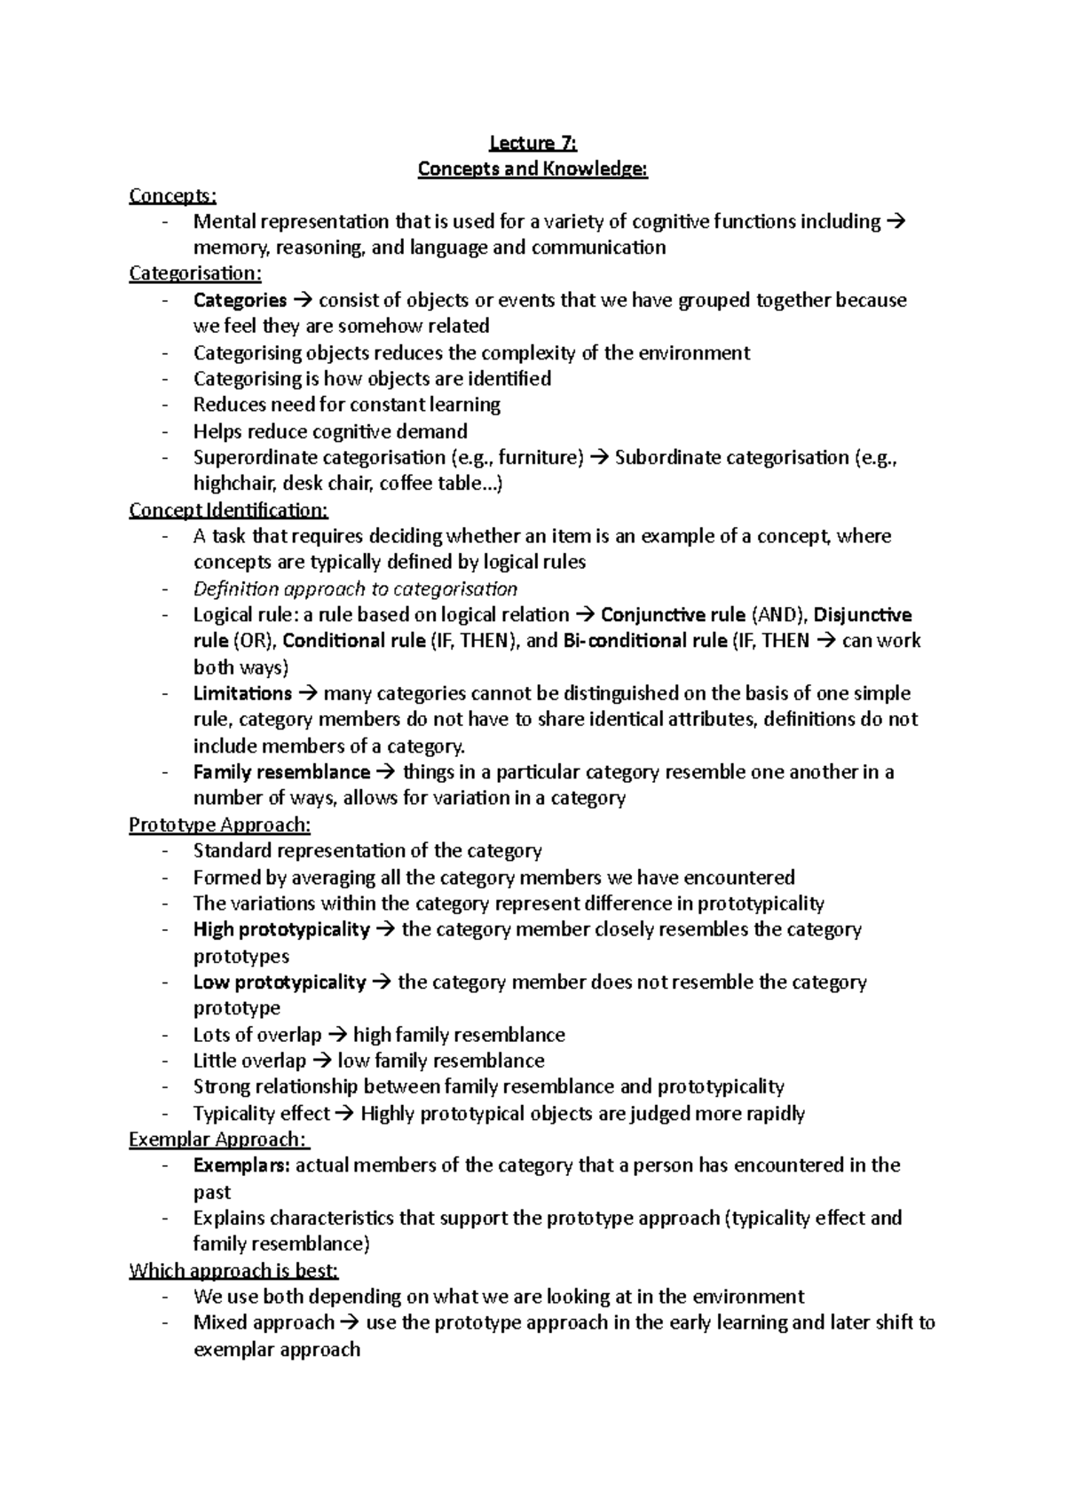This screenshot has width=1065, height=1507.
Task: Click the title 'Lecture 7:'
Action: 532,142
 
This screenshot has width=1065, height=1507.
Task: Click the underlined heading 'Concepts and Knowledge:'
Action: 532,169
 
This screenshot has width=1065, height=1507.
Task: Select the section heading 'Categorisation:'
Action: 194,273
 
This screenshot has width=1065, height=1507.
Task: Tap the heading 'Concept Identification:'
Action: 228,510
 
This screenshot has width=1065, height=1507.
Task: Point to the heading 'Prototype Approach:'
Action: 219,825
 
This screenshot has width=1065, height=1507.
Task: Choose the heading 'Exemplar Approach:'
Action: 218,1140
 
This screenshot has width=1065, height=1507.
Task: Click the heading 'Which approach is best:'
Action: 234,1271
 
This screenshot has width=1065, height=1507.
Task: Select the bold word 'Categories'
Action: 240,300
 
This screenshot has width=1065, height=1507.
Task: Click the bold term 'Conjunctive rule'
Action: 673,615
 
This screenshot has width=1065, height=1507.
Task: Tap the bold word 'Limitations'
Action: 242,693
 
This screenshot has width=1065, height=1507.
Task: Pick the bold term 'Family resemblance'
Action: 281,772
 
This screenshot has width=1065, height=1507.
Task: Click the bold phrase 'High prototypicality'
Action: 281,929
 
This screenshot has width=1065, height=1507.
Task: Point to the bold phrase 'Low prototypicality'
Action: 280,982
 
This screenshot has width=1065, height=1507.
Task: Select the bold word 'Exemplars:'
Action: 241,1165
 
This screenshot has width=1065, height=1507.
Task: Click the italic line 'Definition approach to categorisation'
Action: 355,589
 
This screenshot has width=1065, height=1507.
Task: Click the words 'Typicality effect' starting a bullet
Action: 261,1114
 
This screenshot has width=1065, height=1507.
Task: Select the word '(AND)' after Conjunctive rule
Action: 778,615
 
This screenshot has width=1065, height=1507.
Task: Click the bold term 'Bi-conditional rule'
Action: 645,641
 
